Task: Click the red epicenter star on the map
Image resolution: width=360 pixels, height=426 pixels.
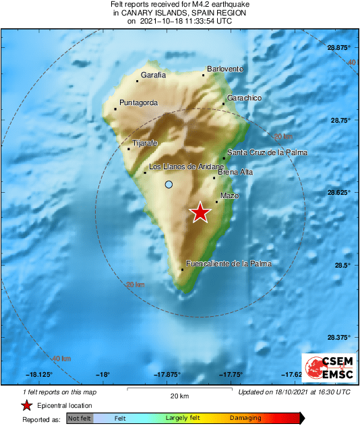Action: pos(200,213)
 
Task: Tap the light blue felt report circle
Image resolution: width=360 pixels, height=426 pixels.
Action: pos(169,184)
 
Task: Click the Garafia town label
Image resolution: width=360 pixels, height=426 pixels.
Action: pos(153,75)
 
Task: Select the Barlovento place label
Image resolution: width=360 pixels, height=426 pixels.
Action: pos(224,69)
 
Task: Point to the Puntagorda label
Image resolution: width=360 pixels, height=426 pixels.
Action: pos(138,102)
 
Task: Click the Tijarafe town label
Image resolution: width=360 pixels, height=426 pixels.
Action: pos(145,144)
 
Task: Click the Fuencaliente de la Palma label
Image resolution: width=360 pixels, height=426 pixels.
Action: pos(228,264)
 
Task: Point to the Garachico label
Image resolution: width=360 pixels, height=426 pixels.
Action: pos(244,98)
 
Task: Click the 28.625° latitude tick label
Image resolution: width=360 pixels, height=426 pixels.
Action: pos(339,193)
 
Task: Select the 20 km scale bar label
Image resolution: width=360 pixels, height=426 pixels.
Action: pos(179,395)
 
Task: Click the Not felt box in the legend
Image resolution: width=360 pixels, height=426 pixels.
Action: pos(80,419)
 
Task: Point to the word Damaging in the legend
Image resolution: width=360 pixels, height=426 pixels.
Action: pos(241,419)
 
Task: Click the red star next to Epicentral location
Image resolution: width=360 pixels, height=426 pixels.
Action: pos(26,406)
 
